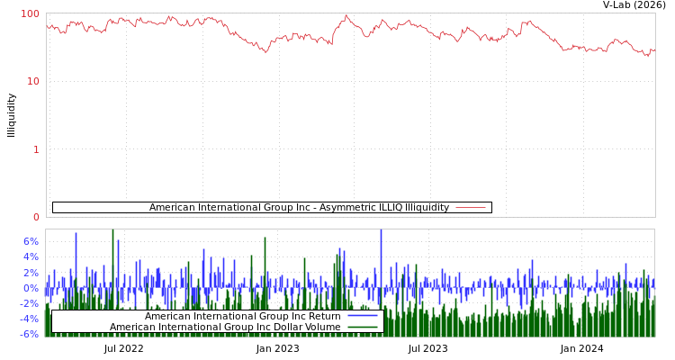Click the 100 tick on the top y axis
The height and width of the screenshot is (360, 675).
click(31, 13)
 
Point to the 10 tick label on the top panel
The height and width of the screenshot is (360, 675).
click(33, 81)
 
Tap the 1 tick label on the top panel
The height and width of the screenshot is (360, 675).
click(36, 149)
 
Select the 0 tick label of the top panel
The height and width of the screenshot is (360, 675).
click(36, 217)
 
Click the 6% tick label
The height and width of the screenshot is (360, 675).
click(31, 241)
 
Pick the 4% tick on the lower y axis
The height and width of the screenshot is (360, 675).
click(31, 256)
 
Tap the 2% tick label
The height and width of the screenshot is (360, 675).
click(31, 272)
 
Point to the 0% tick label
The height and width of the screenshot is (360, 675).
click(31, 288)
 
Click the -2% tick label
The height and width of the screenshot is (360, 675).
click(29, 303)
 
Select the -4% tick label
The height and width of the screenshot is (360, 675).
click(29, 319)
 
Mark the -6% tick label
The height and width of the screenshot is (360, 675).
click(29, 334)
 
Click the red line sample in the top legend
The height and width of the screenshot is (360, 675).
click(471, 208)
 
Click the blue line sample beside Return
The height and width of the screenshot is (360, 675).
click(362, 316)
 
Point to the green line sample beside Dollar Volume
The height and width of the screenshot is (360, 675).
click(362, 327)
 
